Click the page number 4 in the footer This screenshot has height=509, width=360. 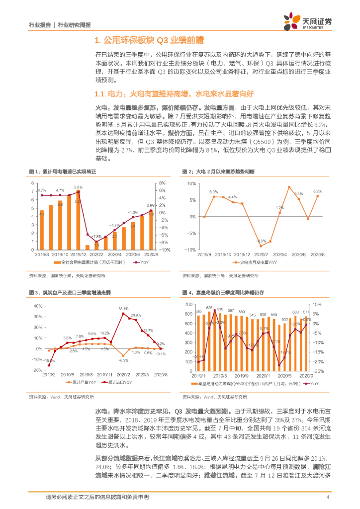328,498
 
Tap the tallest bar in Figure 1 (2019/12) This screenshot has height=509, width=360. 78,219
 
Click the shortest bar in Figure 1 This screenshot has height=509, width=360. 87,247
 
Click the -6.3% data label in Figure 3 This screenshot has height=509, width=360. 124,360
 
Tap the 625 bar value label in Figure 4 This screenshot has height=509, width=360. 209,308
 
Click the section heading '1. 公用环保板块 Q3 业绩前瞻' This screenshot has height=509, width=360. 149,40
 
